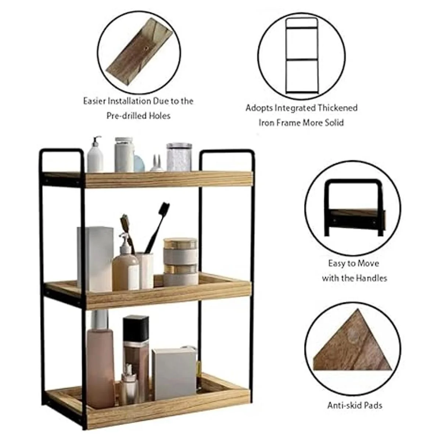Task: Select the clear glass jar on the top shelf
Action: (179, 157)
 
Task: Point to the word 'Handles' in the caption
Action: (372, 278)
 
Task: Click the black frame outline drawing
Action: (287, 56)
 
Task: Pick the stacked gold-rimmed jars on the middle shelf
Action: (180, 262)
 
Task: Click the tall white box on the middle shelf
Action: (95, 259)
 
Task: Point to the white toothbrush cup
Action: (145, 270)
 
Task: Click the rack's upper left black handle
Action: (62, 151)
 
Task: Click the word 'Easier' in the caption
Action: (94, 101)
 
